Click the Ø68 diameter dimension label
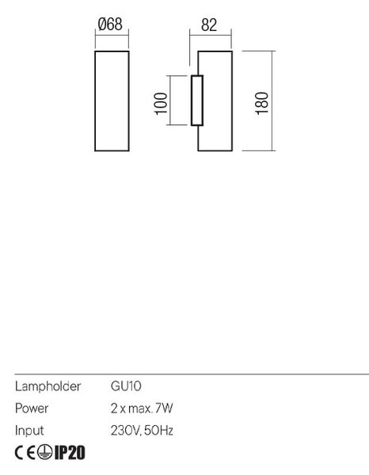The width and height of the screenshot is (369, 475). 110,25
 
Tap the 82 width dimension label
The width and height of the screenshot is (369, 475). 209,25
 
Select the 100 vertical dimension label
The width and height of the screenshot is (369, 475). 161,104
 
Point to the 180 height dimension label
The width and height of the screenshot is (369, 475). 262,103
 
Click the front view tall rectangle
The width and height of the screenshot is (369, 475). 95,101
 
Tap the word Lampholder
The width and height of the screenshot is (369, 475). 48,386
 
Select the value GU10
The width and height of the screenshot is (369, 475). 126,386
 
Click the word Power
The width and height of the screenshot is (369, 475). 32,408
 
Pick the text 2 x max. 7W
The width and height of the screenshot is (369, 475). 142,408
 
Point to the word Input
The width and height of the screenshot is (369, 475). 29,431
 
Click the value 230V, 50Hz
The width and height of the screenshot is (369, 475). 142,431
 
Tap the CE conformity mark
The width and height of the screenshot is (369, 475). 25,453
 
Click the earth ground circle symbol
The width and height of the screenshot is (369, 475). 45,453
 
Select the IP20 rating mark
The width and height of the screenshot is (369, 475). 70,453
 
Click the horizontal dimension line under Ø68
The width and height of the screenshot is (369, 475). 112,35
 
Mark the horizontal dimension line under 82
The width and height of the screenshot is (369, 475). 211,36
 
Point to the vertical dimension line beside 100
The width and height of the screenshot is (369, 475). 170,101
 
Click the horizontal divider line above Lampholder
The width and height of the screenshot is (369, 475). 192,374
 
